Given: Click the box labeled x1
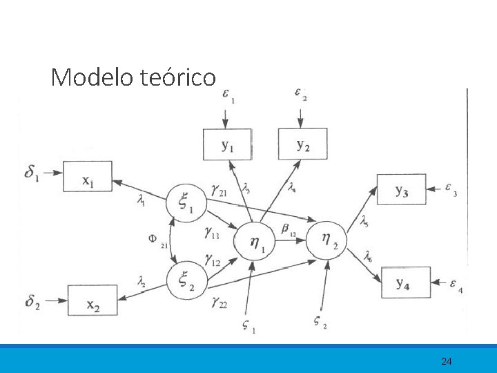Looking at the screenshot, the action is point(88,176).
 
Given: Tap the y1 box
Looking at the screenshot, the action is point(227,144).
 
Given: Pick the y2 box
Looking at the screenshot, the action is point(302,144).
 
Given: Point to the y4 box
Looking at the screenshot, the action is point(405,282).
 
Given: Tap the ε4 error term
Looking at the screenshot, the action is point(456,283).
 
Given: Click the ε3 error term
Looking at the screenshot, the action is point(450,188).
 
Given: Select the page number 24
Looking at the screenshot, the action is point(447,361).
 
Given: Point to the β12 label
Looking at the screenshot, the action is point(289,229).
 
